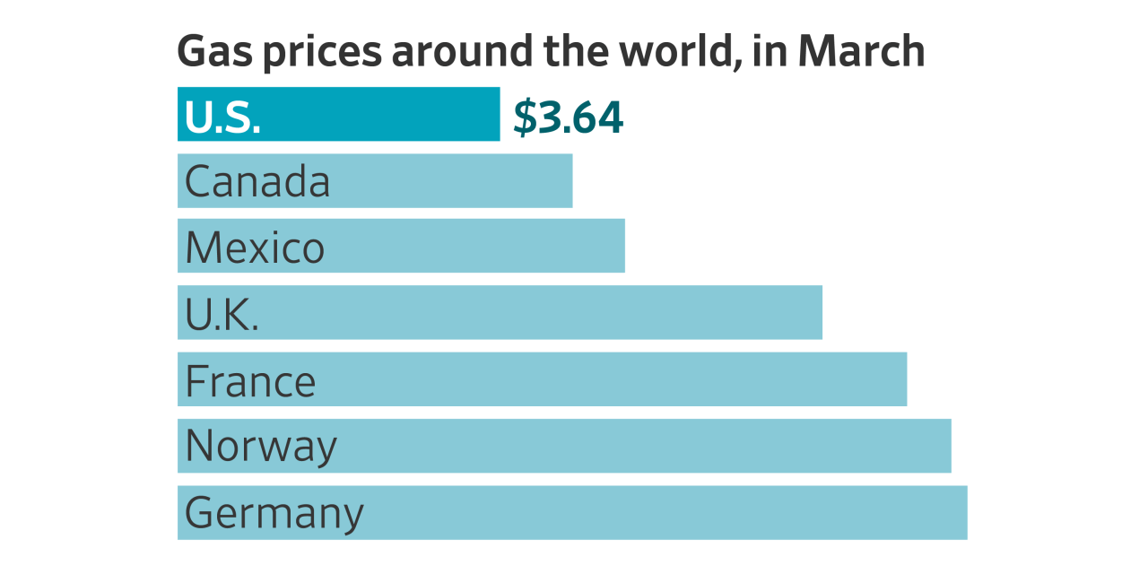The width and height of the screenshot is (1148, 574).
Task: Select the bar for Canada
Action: pos(448,180)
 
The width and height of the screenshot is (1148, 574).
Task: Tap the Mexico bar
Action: pos(475,247)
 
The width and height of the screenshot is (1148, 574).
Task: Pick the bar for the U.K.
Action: pos(538,312)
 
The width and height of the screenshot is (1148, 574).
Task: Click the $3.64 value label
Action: pos(568,117)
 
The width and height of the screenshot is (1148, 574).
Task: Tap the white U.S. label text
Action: pos(222,117)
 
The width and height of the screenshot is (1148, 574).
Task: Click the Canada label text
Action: pos(257,182)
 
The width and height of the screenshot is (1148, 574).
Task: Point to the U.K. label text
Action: pos(222,314)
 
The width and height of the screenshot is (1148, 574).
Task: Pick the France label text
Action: pos(250,381)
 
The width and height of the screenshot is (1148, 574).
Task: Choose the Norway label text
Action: pos(261,447)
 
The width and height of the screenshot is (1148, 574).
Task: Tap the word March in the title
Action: pos(861,51)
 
